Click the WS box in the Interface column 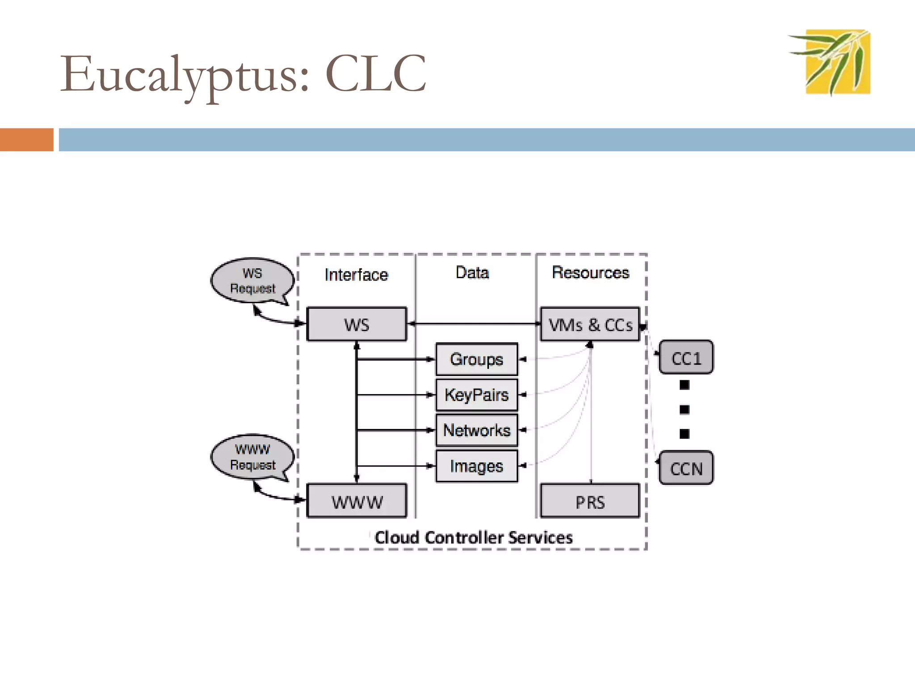click(x=357, y=324)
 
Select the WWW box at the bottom click(x=357, y=501)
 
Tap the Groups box click(x=477, y=359)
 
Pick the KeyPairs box click(x=477, y=395)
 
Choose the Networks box click(x=477, y=430)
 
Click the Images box click(x=477, y=466)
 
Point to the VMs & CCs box click(x=590, y=324)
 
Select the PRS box click(x=590, y=501)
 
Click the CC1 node click(x=686, y=357)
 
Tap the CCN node click(x=686, y=468)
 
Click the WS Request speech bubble click(x=252, y=280)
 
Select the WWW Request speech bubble click(x=252, y=457)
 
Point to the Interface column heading click(x=356, y=275)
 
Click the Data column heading click(x=472, y=272)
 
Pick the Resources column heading click(x=590, y=272)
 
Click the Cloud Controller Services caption click(x=473, y=537)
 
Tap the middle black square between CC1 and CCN click(x=684, y=409)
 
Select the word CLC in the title click(x=376, y=74)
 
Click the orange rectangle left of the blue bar click(x=26, y=140)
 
